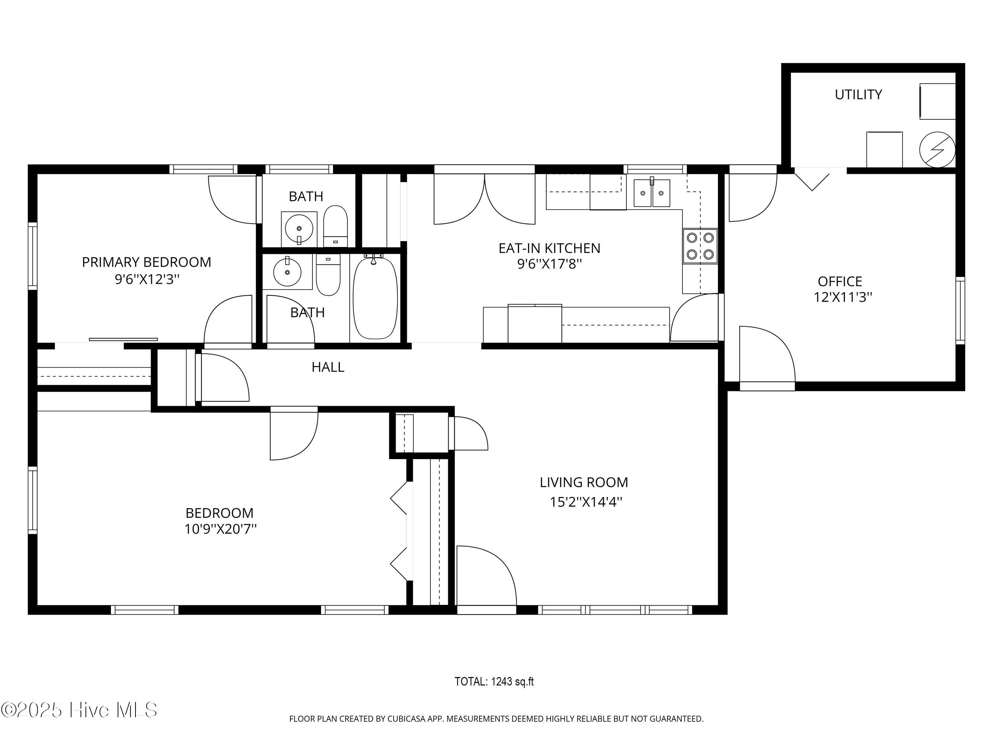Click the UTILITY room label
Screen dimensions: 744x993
pyautogui.click(x=858, y=94)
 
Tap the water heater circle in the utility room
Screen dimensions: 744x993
pyautogui.click(x=937, y=149)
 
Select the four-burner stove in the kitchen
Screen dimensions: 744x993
pyautogui.click(x=700, y=246)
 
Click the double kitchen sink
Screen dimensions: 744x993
pyautogui.click(x=651, y=193)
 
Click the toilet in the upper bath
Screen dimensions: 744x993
pyautogui.click(x=335, y=226)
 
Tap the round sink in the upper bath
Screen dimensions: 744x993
pyautogui.click(x=299, y=229)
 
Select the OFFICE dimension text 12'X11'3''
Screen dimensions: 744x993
pyautogui.click(x=843, y=297)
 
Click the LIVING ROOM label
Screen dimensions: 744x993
pyautogui.click(x=583, y=482)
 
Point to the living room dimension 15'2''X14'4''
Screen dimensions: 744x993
pyautogui.click(x=586, y=502)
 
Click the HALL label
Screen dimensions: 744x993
pyautogui.click(x=328, y=367)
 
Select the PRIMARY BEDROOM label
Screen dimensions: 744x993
pyautogui.click(x=146, y=262)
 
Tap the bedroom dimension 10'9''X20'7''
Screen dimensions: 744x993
pyautogui.click(x=220, y=529)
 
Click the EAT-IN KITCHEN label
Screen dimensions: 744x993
pyautogui.click(x=549, y=248)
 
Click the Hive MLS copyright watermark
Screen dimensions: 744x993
pyautogui.click(x=79, y=710)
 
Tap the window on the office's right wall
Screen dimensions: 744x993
pyautogui.click(x=960, y=310)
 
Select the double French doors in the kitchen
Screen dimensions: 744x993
pyautogui.click(x=484, y=197)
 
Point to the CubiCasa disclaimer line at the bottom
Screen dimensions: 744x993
pyautogui.click(x=496, y=719)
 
